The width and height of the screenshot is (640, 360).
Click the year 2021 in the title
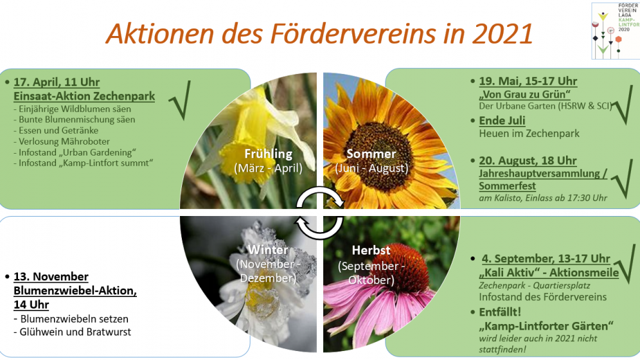click(502, 33)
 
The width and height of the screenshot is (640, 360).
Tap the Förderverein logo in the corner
click(616, 31)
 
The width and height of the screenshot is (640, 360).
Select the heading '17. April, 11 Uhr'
click(57, 82)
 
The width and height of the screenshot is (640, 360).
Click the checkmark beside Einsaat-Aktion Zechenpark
click(180, 100)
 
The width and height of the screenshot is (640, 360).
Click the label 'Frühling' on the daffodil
click(269, 154)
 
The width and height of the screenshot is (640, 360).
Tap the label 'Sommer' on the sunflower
click(371, 154)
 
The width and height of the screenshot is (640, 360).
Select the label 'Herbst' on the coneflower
click(371, 250)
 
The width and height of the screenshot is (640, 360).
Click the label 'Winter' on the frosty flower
click(268, 250)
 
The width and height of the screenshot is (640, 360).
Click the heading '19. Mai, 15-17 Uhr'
click(528, 81)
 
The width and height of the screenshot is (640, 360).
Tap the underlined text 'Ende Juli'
click(502, 121)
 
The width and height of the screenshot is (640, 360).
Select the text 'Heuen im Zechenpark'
click(529, 134)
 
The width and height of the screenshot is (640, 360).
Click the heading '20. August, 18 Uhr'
click(528, 161)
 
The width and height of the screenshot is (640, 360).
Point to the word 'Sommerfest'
click(508, 186)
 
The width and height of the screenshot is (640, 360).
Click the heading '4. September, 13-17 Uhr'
click(546, 259)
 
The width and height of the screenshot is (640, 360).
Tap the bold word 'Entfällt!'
click(500, 312)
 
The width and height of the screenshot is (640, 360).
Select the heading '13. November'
click(51, 276)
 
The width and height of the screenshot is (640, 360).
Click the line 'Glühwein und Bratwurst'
click(72, 332)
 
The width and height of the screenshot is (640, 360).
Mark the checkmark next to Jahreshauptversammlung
click(623, 179)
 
